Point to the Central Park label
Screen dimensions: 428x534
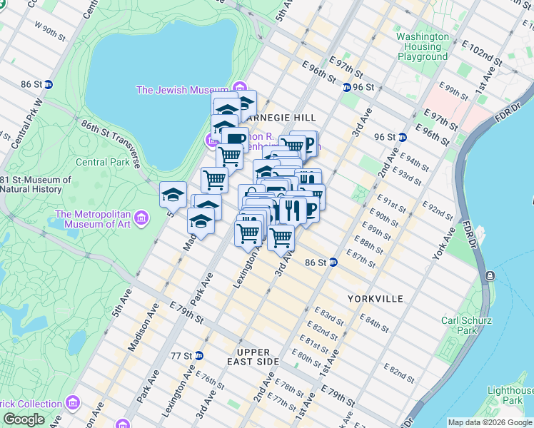[102, 162]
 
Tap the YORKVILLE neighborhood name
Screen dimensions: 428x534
[376, 298]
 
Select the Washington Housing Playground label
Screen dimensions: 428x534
[423, 46]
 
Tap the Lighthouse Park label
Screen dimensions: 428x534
[510, 395]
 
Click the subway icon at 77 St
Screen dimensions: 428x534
[199, 355]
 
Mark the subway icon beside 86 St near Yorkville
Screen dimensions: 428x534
[333, 263]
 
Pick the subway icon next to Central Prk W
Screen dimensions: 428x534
[49, 83]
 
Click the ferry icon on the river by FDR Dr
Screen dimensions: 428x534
[490, 275]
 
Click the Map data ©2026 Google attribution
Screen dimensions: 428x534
[490, 422]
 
